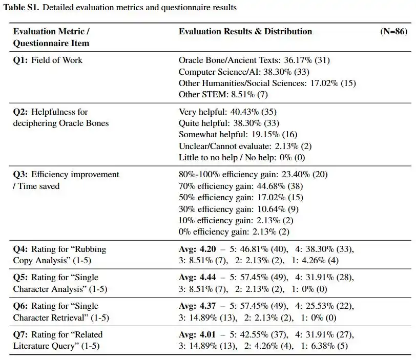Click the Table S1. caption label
[x=22, y=7]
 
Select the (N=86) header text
[x=393, y=32]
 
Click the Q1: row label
[x=20, y=60]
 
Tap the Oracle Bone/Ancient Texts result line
[x=254, y=60]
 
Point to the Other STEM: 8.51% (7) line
[x=223, y=94]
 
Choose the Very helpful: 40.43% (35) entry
[x=227, y=112]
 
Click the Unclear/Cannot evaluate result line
[x=245, y=146]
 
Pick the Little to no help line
[x=242, y=157]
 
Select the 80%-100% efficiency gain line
[x=253, y=175]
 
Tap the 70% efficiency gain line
[x=241, y=186]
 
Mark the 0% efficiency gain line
[x=234, y=231]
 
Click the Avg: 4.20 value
[x=197, y=249]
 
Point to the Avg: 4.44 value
[x=197, y=277]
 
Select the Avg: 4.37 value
[x=197, y=306]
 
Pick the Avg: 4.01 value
[x=197, y=334]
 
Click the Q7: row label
[x=20, y=334]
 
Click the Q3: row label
[x=20, y=175]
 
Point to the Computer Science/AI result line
[x=244, y=72]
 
